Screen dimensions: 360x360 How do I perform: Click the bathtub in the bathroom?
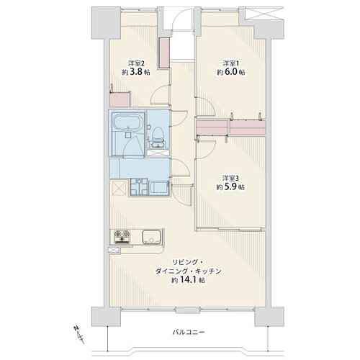click(127, 122)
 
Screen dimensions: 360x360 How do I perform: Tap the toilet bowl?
click(158, 134)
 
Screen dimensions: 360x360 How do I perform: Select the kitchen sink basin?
click(150, 237)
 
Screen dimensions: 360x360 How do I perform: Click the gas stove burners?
click(122, 236)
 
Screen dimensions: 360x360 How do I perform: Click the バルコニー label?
click(189, 332)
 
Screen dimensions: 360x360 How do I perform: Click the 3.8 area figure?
click(135, 72)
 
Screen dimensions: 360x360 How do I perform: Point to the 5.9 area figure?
click(230, 186)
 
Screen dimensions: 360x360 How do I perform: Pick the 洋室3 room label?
click(230, 179)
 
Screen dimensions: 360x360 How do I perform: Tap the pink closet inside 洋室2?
click(120, 99)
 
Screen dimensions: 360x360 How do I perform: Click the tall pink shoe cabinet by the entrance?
click(165, 53)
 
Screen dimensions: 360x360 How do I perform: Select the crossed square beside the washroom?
click(119, 188)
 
